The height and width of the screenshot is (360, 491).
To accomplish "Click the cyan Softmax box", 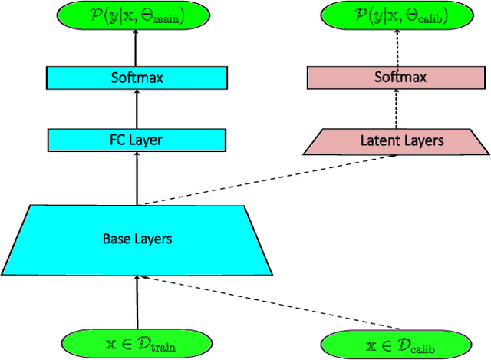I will coord(137,78).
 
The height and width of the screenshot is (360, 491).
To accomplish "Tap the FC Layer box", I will coord(137,140).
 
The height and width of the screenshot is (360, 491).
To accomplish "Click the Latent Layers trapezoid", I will coord(397,140).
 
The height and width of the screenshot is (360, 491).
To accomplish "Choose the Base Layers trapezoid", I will coord(137,239).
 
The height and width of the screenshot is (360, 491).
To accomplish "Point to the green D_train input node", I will coord(137,340).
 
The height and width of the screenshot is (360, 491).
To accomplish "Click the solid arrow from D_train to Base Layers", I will coord(137,300).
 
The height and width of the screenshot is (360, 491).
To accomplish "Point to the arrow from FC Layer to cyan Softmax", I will coord(137,108).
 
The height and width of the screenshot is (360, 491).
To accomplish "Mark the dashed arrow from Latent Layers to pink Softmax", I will coord(397,108).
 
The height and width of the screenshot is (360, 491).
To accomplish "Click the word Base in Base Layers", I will coord(116,239).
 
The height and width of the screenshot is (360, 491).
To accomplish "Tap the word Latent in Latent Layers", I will coord(377,140).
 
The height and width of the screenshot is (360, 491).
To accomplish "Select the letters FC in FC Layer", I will coord(117,140).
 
